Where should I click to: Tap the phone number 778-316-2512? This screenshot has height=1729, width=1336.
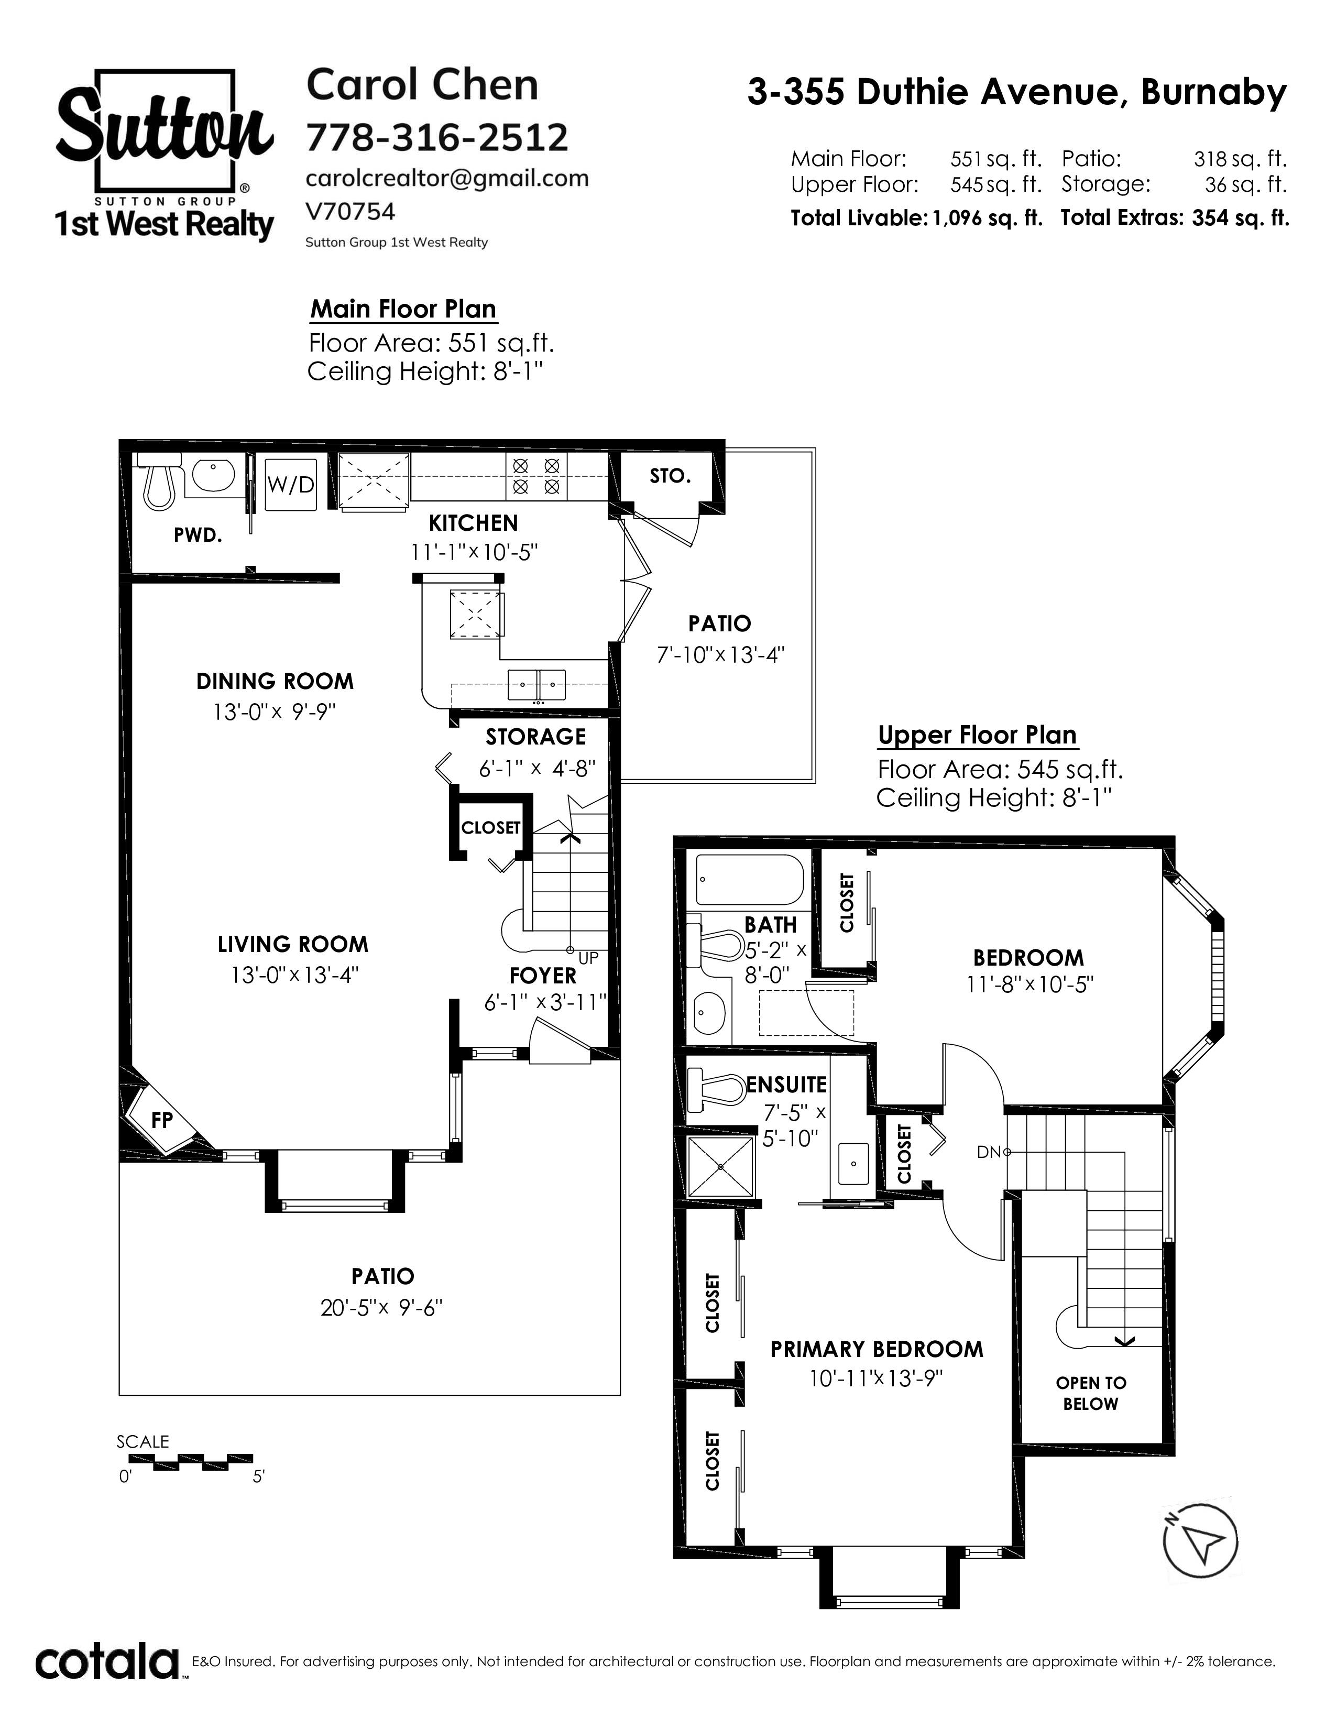tap(437, 138)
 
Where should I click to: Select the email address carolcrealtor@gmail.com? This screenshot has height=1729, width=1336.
tap(447, 179)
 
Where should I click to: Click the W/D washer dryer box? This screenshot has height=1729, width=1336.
tap(290, 485)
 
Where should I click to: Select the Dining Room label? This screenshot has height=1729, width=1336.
tap(275, 681)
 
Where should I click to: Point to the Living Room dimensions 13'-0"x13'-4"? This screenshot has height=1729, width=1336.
tap(294, 975)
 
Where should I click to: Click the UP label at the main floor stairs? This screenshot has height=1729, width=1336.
tap(588, 958)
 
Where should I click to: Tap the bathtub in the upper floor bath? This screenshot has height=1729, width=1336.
tap(750, 880)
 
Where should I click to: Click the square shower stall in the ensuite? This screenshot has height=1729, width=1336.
tap(721, 1166)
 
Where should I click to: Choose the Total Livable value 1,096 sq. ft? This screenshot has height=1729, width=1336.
tap(988, 218)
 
